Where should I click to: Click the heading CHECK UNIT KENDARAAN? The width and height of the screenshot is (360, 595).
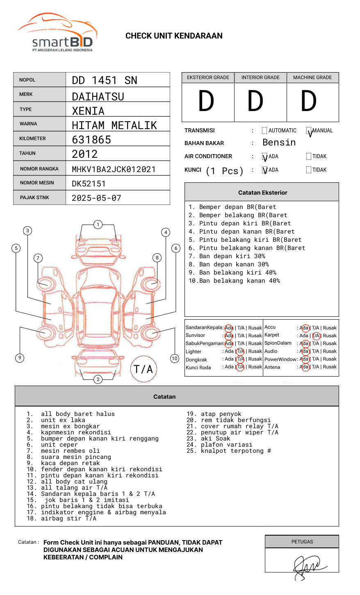point(174,36)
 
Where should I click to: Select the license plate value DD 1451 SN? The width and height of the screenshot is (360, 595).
point(105,80)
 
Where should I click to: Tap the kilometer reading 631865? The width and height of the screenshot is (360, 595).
point(91,140)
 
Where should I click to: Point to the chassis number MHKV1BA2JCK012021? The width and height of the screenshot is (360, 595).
point(114,169)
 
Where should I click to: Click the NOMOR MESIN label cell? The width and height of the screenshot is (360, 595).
point(39,183)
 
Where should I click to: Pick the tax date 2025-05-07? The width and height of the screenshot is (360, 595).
point(96,198)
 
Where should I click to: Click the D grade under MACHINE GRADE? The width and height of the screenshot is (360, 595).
point(309,101)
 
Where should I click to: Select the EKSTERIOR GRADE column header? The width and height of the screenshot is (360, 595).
point(208,77)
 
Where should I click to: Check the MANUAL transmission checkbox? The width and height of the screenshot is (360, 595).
point(309,131)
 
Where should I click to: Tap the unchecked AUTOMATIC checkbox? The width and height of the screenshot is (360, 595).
point(264,131)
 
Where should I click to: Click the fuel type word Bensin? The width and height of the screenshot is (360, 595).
point(279,143)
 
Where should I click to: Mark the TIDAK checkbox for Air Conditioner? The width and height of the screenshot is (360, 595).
point(309,157)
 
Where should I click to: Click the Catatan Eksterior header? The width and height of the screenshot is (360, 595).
point(262,193)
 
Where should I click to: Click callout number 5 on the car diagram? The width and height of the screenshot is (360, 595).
point(16,248)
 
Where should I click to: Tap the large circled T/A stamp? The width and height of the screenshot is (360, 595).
point(144,369)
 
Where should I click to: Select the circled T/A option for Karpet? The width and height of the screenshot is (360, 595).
point(316,336)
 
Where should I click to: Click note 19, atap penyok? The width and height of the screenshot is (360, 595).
point(214,414)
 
